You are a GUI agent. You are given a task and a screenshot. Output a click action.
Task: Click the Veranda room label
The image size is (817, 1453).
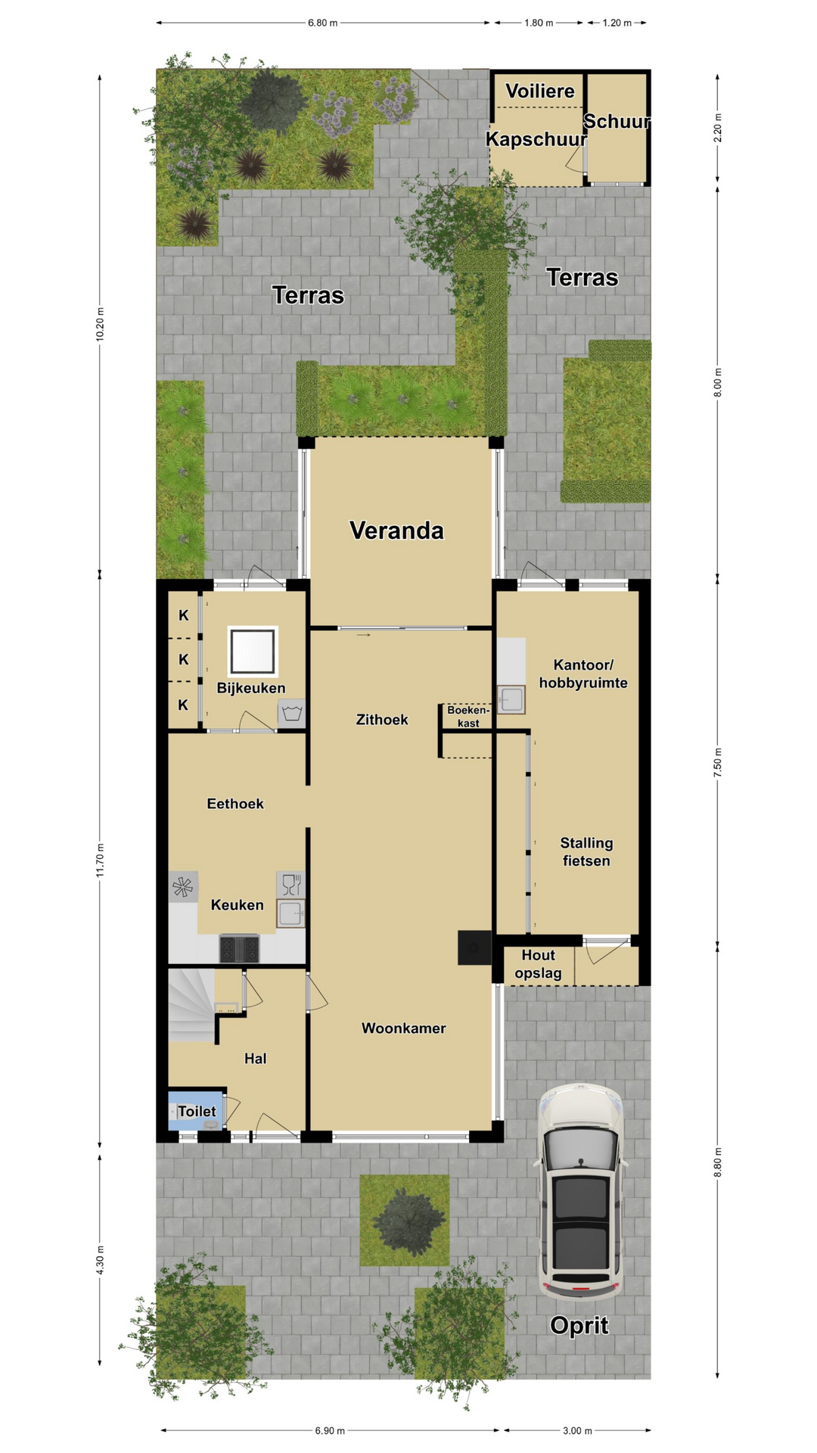(396, 530)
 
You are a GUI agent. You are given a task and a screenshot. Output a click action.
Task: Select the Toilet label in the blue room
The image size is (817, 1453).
(197, 1111)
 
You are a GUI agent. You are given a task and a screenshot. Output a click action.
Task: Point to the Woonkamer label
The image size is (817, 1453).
(403, 1028)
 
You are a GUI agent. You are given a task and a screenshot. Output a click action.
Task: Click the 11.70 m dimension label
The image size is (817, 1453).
(100, 860)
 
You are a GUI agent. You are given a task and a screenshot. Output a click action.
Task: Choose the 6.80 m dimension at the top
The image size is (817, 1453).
(322, 23)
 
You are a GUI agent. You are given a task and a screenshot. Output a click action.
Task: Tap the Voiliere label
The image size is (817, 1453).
(540, 92)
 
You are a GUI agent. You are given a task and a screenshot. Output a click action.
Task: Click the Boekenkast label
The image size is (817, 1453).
(468, 717)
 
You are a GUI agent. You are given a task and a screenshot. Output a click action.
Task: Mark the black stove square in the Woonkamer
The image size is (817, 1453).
(474, 947)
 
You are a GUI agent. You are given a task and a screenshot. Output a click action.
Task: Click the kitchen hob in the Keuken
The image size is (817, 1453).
(239, 948)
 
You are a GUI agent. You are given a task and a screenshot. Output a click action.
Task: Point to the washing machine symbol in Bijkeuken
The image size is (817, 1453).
(292, 713)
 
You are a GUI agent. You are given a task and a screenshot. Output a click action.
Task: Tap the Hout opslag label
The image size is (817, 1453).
(538, 964)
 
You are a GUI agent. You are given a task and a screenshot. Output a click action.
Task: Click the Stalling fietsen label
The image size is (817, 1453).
(586, 851)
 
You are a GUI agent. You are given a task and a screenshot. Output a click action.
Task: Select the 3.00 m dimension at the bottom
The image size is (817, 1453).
(577, 1430)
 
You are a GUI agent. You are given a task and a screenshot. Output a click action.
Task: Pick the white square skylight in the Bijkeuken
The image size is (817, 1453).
(253, 651)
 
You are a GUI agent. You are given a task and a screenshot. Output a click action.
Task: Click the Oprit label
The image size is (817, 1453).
(579, 1325)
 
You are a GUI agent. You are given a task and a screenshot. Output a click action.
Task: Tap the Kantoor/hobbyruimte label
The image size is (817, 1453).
(583, 674)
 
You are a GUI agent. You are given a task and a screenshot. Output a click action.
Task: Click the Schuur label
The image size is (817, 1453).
(617, 121)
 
